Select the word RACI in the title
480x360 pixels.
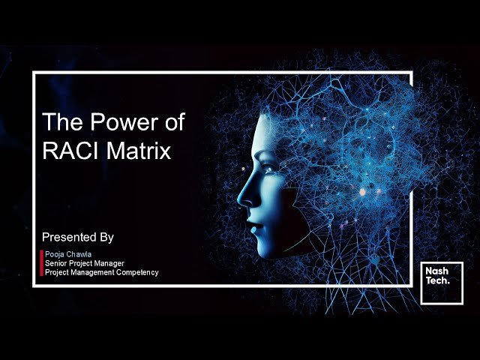click(x=71, y=151)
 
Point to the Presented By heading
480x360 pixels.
click(x=77, y=237)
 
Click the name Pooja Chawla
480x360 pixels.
click(x=68, y=254)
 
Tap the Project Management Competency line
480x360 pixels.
click(x=102, y=272)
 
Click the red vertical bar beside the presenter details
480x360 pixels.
click(x=41, y=263)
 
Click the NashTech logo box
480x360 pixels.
click(x=441, y=283)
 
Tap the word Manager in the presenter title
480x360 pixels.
click(x=107, y=263)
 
